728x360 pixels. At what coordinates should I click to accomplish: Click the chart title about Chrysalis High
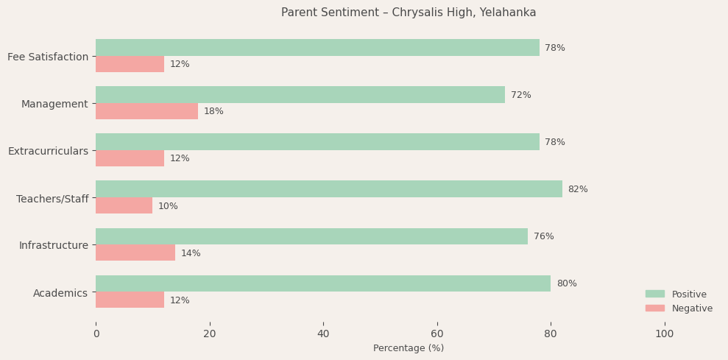(409, 13)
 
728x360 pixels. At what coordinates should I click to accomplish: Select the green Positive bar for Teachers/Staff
(328, 189)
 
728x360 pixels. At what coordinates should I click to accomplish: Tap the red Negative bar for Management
(146, 111)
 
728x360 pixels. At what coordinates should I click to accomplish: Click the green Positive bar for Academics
(322, 283)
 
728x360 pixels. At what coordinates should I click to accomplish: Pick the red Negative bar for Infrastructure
(135, 253)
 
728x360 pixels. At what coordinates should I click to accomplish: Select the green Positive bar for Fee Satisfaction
(317, 48)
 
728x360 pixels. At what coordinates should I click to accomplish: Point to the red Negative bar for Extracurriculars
(130, 158)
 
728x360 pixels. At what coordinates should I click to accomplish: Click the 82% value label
(578, 189)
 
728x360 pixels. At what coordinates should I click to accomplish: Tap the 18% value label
(213, 111)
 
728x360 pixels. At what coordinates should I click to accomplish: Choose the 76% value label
(543, 236)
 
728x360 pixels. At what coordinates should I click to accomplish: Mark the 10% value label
(168, 206)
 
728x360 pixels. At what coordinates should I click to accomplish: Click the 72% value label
(520, 95)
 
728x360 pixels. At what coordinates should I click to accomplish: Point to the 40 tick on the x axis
(323, 333)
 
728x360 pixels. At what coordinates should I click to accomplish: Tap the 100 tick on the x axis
(664, 333)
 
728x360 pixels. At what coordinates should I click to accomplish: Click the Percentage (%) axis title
(409, 348)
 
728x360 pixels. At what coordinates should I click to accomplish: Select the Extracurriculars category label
(48, 151)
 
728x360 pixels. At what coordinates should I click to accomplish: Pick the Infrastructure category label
(53, 245)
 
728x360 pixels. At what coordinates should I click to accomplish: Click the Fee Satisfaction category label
(48, 57)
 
